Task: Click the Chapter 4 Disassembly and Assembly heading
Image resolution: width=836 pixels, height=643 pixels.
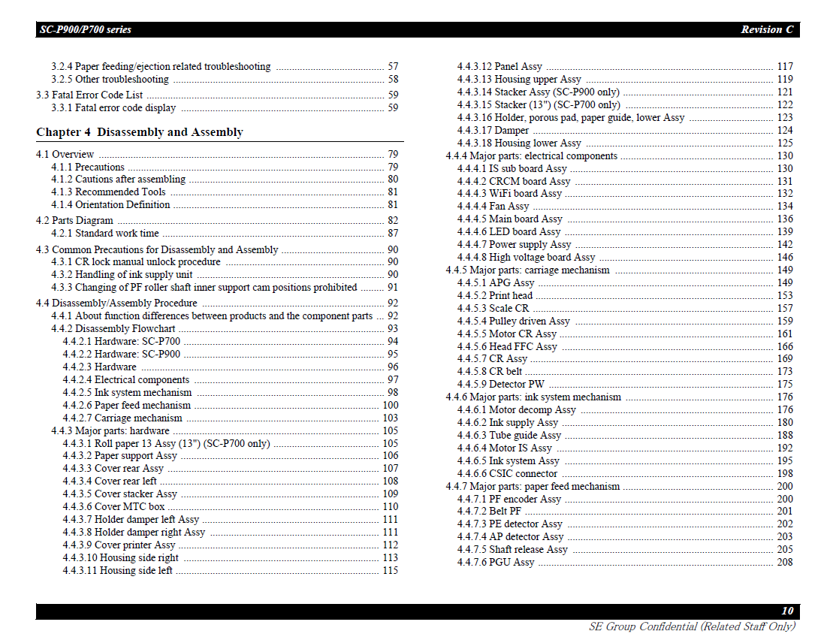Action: tap(140, 132)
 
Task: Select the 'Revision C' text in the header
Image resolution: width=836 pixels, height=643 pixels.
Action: tap(766, 29)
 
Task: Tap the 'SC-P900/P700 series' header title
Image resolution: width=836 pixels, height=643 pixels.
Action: tap(86, 29)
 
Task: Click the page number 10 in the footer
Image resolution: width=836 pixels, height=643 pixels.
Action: tap(786, 611)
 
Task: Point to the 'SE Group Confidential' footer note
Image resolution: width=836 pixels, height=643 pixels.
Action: tap(691, 626)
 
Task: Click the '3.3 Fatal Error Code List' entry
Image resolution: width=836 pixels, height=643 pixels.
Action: tap(89, 95)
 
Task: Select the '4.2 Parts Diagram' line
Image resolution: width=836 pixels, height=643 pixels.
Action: tap(74, 220)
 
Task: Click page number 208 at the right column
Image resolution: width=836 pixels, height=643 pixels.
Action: tap(784, 562)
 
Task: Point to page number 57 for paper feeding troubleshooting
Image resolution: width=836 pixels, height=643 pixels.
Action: tap(393, 66)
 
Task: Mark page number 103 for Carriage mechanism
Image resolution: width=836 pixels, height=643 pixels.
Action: tap(390, 418)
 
